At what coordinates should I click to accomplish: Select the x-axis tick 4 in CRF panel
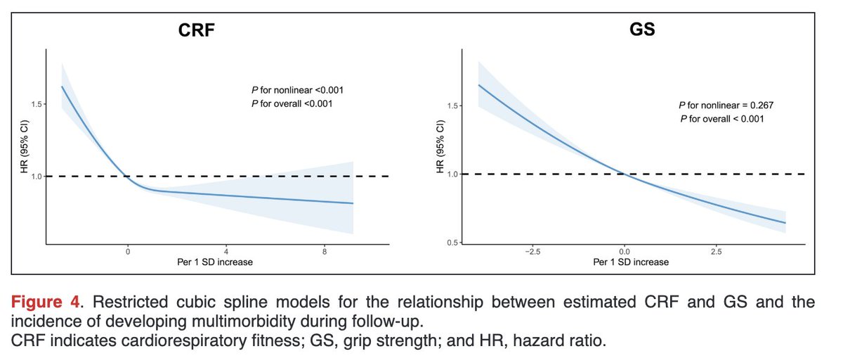tap(226, 251)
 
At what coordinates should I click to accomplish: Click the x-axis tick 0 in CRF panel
tap(128, 251)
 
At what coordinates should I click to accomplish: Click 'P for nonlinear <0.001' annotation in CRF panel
tap(292, 90)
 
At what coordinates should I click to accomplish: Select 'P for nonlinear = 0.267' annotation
tap(726, 106)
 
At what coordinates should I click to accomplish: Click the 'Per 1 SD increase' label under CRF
tap(216, 262)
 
